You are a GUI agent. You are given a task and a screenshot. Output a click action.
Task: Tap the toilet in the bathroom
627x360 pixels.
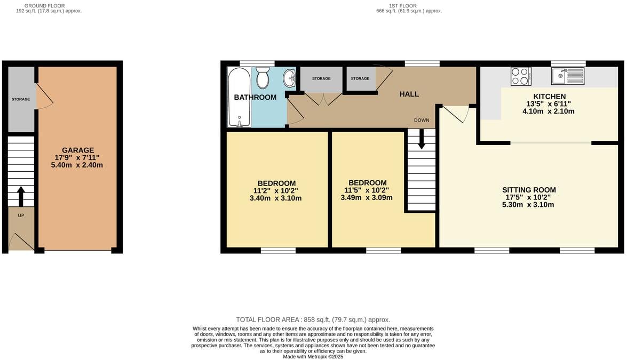tap(263, 78)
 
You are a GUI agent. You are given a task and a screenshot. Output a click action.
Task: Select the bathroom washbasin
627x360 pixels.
tap(290, 79)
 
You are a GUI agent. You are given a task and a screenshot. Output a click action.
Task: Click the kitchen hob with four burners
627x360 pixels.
tap(521, 76)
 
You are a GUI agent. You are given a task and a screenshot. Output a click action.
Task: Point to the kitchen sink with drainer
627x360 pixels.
tap(568, 76)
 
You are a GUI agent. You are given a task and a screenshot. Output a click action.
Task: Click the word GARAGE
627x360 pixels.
tap(78, 150)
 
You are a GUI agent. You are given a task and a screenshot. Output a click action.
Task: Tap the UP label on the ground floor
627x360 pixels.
tap(21, 215)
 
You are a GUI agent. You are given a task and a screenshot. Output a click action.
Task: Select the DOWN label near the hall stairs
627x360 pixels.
tap(422, 120)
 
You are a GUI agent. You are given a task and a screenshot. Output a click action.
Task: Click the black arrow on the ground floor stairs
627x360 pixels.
tap(21, 196)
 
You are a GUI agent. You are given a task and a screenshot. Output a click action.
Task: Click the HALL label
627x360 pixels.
tap(409, 94)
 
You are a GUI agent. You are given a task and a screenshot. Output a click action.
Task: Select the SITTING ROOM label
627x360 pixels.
tap(529, 190)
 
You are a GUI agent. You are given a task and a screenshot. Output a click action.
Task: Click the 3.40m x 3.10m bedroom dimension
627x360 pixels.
tap(276, 198)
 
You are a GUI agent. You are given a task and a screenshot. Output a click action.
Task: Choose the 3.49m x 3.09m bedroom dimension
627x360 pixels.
tap(367, 197)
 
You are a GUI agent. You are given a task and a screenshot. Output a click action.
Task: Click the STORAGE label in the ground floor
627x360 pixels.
tap(21, 99)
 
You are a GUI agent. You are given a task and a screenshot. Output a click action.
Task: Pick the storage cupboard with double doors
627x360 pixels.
tap(321, 80)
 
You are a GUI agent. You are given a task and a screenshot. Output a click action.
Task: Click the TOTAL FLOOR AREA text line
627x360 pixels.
tap(313, 319)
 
